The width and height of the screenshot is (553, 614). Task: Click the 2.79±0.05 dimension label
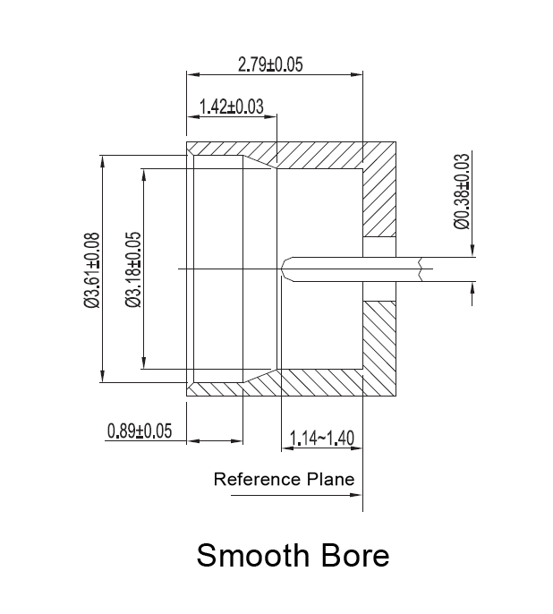[270, 64]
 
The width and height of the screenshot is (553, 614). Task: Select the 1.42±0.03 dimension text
[231, 107]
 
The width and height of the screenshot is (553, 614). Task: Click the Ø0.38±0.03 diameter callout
[462, 192]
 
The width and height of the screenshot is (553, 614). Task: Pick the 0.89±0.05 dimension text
[139, 431]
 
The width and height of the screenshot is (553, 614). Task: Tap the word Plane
[329, 479]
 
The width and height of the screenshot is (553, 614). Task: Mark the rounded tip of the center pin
[285, 269]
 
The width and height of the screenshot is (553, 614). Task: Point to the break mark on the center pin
[419, 269]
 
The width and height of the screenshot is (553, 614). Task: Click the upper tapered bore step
[259, 164]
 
